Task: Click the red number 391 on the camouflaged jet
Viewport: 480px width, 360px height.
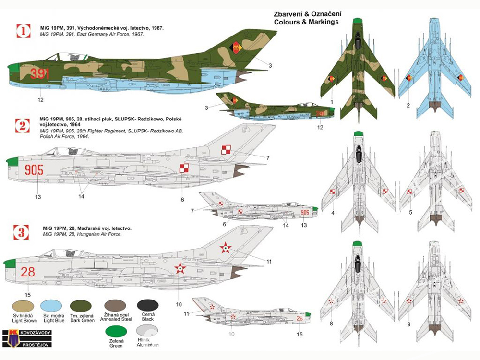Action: pyautogui.click(x=40, y=74)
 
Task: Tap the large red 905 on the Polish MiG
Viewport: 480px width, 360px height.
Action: pyautogui.click(x=34, y=170)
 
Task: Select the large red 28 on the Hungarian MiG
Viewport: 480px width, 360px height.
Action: pyautogui.click(x=27, y=272)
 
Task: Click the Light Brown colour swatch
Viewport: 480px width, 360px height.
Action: pyautogui.click(x=23, y=306)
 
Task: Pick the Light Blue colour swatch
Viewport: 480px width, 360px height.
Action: pyautogui.click(x=51, y=306)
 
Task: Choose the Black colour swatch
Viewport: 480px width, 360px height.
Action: pyautogui.click(x=148, y=306)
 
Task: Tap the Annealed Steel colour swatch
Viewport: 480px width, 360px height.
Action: pyautogui.click(x=115, y=306)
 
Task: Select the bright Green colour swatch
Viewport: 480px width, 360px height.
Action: pyautogui.click(x=116, y=332)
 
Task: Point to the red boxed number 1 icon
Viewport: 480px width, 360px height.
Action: pyautogui.click(x=23, y=31)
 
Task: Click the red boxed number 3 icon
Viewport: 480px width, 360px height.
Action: pyautogui.click(x=22, y=232)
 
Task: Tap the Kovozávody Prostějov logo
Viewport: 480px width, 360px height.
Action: pyautogui.click(x=26, y=338)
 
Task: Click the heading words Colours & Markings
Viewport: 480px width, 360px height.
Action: pyautogui.click(x=306, y=22)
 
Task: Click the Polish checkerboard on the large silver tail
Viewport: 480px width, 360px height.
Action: pyautogui.click(x=226, y=150)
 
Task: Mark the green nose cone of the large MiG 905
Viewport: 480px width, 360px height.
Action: pyautogui.click(x=12, y=161)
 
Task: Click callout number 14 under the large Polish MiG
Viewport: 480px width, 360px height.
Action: pyautogui.click(x=81, y=196)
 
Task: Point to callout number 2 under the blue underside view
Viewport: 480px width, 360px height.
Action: pyautogui.click(x=408, y=106)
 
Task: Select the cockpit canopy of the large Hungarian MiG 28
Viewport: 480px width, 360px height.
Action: pyautogui.click(x=63, y=253)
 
